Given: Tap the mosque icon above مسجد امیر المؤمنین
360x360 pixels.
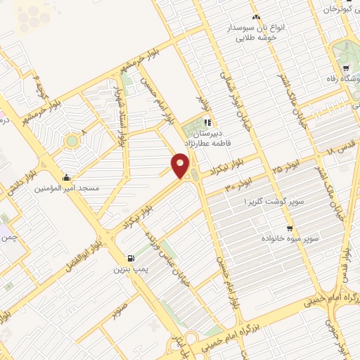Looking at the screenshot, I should coord(66,177).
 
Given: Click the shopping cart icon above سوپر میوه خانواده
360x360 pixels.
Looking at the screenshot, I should coord(289,229).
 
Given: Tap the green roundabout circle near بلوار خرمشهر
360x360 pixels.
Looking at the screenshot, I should coord(71,141).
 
